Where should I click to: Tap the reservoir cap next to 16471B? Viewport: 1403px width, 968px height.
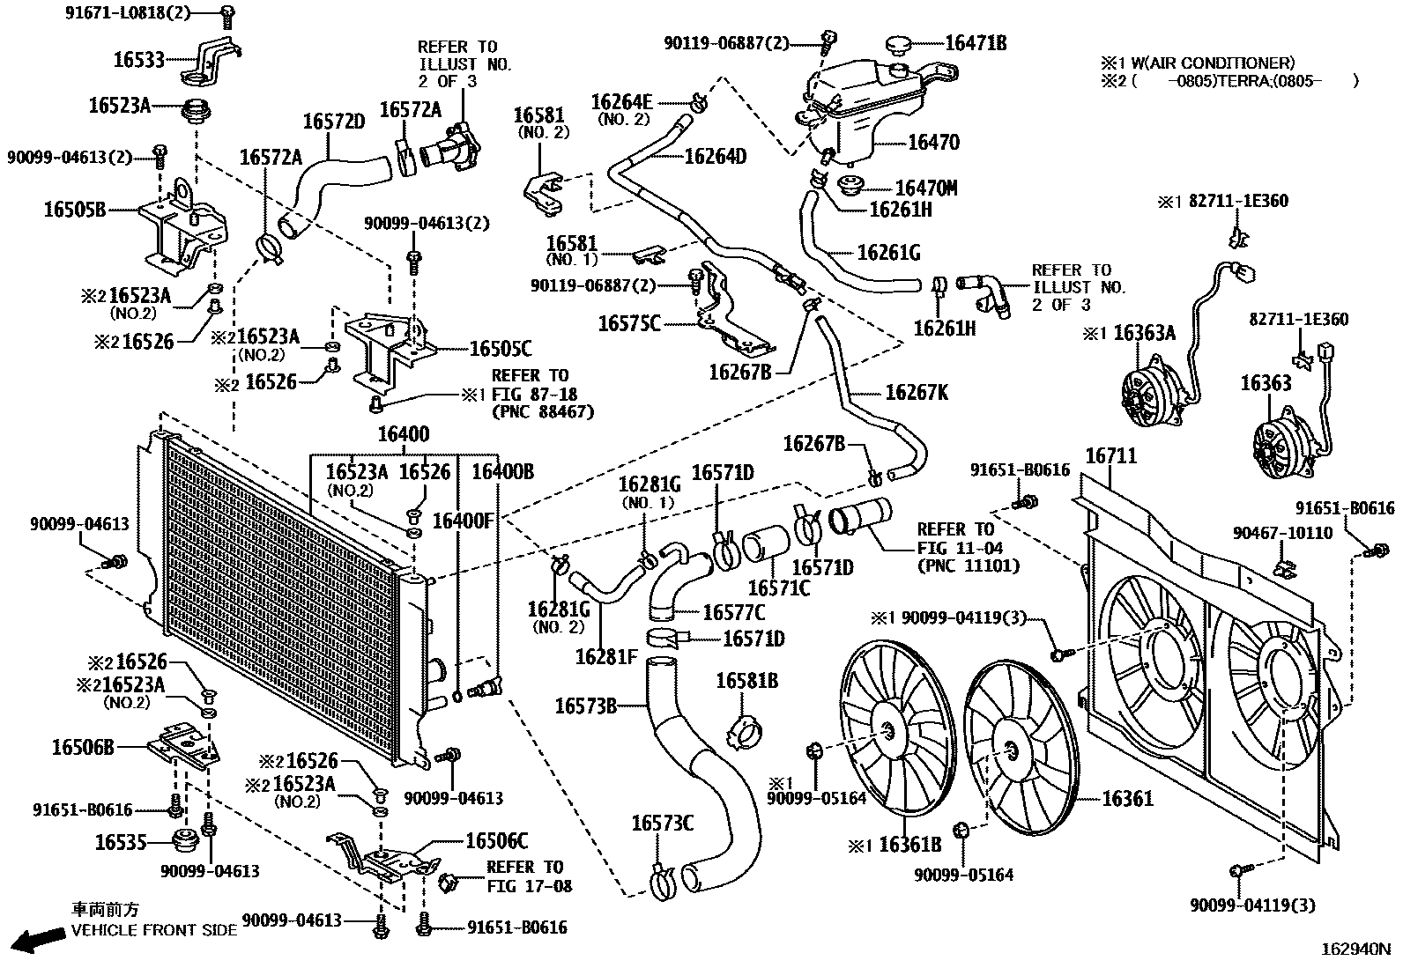(x=899, y=44)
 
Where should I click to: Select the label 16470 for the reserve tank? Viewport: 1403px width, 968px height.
(x=933, y=143)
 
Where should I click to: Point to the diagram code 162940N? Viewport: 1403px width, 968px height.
(x=1355, y=950)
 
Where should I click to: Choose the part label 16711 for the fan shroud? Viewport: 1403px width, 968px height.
(x=1110, y=456)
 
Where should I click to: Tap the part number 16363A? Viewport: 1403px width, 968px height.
(x=1144, y=333)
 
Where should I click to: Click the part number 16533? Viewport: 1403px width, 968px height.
(x=138, y=60)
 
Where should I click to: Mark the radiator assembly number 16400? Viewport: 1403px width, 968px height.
(x=404, y=434)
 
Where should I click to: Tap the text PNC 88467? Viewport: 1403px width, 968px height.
(x=544, y=411)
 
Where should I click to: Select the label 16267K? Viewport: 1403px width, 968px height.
(x=917, y=393)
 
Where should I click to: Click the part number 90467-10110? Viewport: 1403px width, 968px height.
(x=1282, y=534)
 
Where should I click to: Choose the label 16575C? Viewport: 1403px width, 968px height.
(x=628, y=323)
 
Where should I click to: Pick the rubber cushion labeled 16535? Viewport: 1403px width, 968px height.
(x=186, y=841)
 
